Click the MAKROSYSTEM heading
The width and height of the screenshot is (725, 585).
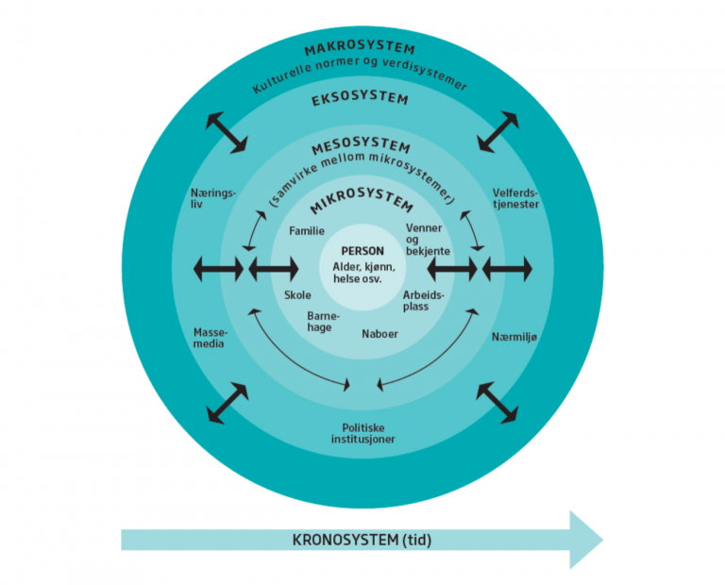[x=360, y=49]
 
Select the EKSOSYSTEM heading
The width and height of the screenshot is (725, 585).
[x=360, y=99]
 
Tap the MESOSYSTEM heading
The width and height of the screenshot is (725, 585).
[x=362, y=145]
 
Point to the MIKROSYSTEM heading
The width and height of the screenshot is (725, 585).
[x=362, y=200]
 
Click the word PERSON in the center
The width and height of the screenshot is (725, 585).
[x=362, y=251]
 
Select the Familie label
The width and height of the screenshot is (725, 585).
[x=307, y=230]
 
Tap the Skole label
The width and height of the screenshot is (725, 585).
[x=297, y=294]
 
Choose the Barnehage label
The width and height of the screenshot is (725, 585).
[x=323, y=322]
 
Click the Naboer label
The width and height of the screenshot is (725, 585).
[x=379, y=334]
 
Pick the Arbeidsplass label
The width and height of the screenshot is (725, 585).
[x=423, y=300]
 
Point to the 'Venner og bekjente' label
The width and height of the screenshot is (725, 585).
[x=428, y=240]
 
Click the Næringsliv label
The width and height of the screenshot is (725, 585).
[x=213, y=198]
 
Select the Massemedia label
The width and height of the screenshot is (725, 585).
[x=211, y=338]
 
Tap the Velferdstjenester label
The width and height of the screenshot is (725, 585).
[x=515, y=198]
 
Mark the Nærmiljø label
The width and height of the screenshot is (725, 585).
[x=514, y=337]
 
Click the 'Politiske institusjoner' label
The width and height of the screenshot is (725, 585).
[x=362, y=433]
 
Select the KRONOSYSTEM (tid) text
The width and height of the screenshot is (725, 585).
[x=362, y=540]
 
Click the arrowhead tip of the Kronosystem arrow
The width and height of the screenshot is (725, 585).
[x=603, y=540]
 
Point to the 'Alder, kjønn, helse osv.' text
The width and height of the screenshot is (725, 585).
[x=363, y=273]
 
